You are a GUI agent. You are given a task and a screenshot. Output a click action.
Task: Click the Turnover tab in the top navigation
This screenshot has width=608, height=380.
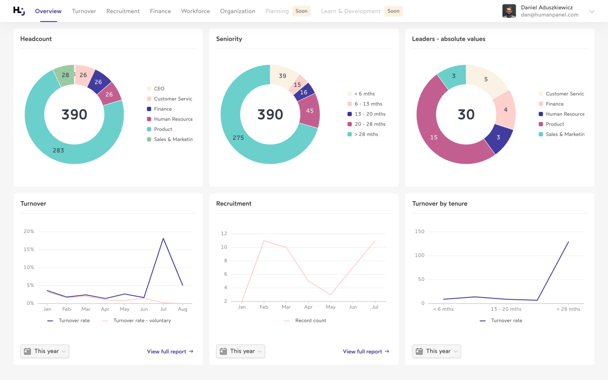(x=84, y=11)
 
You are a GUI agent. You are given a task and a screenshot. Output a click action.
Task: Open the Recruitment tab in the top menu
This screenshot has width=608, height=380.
(x=123, y=11)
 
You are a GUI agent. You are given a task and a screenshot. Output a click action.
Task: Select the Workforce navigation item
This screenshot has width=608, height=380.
(x=196, y=11)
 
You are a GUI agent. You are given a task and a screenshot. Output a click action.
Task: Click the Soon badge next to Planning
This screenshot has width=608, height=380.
(x=301, y=11)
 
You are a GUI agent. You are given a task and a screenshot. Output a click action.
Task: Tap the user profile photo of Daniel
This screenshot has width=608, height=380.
(x=509, y=11)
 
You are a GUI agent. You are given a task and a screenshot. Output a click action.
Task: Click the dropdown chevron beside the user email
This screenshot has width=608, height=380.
(x=592, y=11)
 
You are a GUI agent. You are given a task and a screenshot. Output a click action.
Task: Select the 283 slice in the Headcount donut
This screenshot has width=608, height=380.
(x=58, y=150)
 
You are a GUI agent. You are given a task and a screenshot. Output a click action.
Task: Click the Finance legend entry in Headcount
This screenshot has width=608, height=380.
(x=163, y=109)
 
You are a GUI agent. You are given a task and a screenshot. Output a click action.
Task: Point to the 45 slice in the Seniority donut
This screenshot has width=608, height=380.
(x=310, y=111)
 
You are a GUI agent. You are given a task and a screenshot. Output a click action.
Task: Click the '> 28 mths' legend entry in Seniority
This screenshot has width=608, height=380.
(x=366, y=134)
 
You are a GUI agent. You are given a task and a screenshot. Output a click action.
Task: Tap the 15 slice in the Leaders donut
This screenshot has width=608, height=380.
(x=434, y=137)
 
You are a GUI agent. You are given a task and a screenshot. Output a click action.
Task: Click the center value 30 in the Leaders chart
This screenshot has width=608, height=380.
(x=466, y=114)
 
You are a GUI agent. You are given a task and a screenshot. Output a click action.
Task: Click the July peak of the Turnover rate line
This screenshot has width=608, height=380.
(x=163, y=238)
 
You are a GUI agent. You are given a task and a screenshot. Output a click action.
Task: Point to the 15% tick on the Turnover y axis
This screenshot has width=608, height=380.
(x=29, y=249)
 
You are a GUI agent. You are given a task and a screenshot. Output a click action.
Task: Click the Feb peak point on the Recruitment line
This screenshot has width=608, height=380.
(x=264, y=241)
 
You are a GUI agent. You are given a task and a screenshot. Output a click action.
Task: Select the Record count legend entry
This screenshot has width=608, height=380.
(x=310, y=321)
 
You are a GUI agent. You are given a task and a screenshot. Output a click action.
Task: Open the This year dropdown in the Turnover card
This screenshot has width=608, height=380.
(x=45, y=351)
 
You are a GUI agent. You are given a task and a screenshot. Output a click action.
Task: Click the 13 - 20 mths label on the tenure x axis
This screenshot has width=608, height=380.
(x=506, y=309)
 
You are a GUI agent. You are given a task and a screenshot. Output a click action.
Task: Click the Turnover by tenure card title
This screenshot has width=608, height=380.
(x=439, y=203)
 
